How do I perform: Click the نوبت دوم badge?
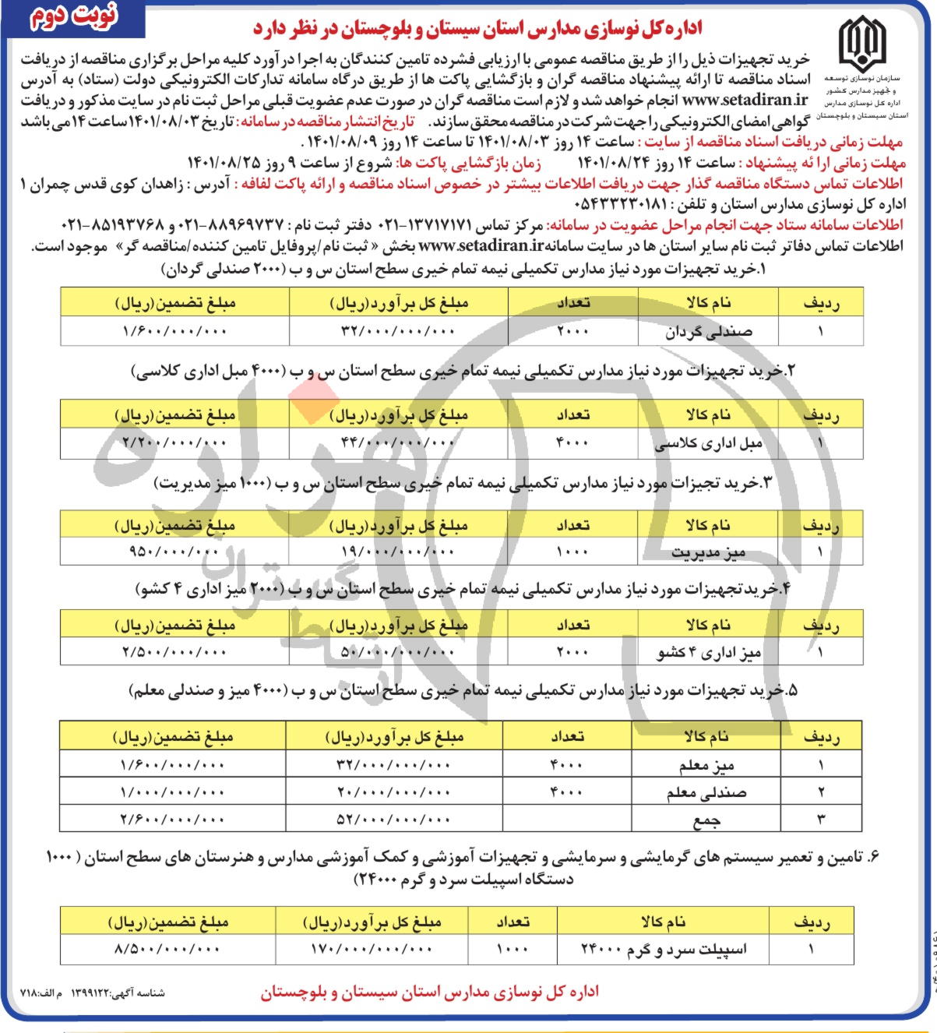click(x=74, y=17)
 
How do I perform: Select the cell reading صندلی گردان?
click(x=709, y=331)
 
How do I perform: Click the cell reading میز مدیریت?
click(x=708, y=552)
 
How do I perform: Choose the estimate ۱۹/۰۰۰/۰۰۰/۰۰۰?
click(x=397, y=552)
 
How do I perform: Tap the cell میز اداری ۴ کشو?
click(x=708, y=652)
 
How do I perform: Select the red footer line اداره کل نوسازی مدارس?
click(x=429, y=992)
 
